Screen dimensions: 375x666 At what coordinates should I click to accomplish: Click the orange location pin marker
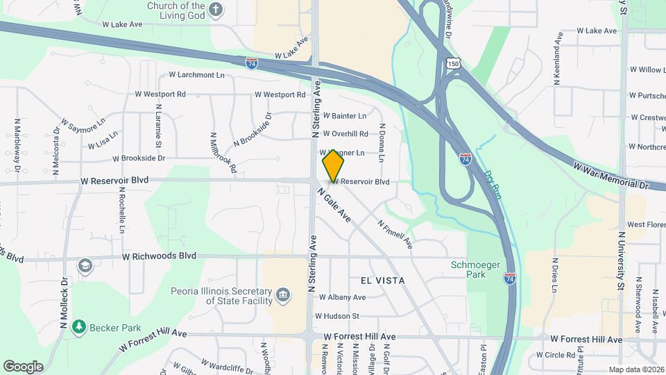333,166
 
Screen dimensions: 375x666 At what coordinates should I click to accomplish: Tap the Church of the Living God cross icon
216,10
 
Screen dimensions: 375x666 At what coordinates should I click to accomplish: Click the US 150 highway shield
453,63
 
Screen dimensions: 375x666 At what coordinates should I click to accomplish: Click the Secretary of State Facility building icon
283,296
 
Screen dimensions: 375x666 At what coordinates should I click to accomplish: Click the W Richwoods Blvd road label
159,256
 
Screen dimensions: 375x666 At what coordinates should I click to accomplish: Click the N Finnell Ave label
395,235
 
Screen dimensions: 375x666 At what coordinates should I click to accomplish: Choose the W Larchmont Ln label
196,75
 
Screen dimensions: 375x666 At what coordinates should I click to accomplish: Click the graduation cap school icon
85,266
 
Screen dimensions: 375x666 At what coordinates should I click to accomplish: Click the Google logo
23,366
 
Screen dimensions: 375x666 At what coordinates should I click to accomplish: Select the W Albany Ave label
342,297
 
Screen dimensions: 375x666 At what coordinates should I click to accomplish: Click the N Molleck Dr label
64,303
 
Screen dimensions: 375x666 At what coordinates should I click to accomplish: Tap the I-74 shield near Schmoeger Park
510,276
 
